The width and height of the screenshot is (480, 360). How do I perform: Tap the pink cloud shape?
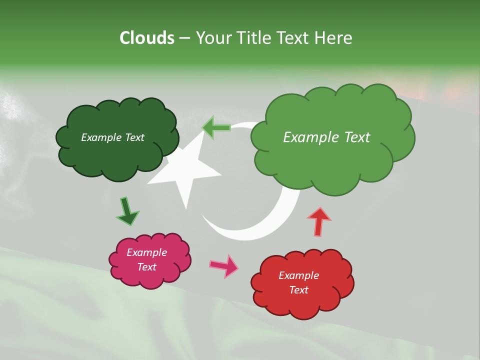150,277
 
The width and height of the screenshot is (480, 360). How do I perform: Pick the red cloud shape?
302,305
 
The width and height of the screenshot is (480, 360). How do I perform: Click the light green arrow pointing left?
216,127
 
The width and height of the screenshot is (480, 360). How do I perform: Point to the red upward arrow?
319,221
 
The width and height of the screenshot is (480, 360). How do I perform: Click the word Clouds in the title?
147,38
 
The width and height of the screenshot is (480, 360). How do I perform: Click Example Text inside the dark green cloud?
112,137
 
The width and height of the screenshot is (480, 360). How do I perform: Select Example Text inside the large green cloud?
326,137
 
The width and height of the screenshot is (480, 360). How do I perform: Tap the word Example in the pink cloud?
146,252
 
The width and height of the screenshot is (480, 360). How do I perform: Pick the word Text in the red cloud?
298,290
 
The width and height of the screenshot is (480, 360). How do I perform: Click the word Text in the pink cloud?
146,267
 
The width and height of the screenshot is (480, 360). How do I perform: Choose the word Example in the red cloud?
298,275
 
